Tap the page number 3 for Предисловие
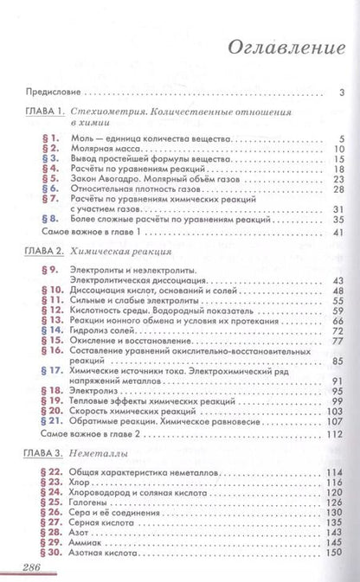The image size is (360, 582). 343,92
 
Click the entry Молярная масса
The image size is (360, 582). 102,149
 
